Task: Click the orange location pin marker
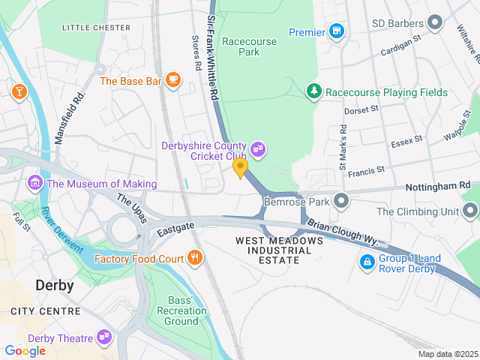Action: [240, 167]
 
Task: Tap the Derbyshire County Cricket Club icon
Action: [259, 150]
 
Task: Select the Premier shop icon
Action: [337, 31]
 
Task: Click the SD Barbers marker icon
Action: [433, 21]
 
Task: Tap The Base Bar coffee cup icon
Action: [173, 79]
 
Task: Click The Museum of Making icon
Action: [34, 183]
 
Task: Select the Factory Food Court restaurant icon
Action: [195, 259]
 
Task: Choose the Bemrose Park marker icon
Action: [341, 201]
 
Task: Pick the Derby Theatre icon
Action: [103, 337]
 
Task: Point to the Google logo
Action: [25, 350]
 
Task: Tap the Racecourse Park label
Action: [238, 46]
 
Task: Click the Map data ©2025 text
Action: [447, 354]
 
